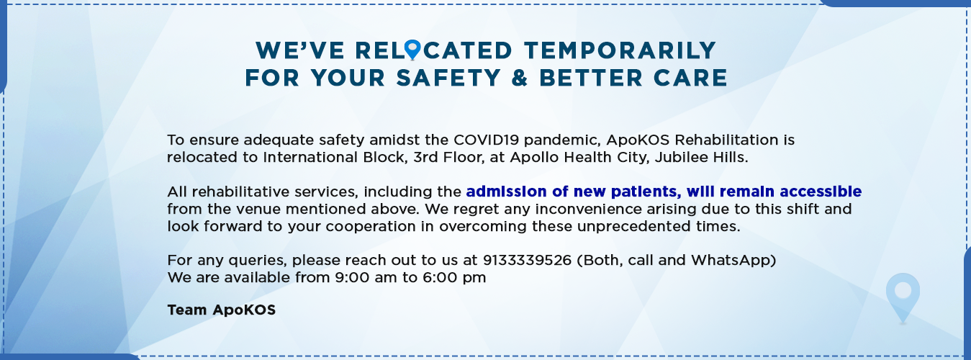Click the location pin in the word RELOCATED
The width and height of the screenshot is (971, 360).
(412, 50)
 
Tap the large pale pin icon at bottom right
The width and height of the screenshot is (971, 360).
(903, 298)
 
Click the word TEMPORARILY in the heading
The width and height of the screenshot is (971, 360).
(620, 50)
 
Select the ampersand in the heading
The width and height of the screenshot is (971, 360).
(520, 78)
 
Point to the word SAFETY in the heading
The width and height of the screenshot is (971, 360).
(448, 78)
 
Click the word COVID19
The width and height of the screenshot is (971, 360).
(487, 140)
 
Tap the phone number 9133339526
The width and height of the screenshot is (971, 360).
(527, 260)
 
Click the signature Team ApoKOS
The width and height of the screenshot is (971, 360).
(222, 310)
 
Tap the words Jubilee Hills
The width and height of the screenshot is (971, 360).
(701, 158)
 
